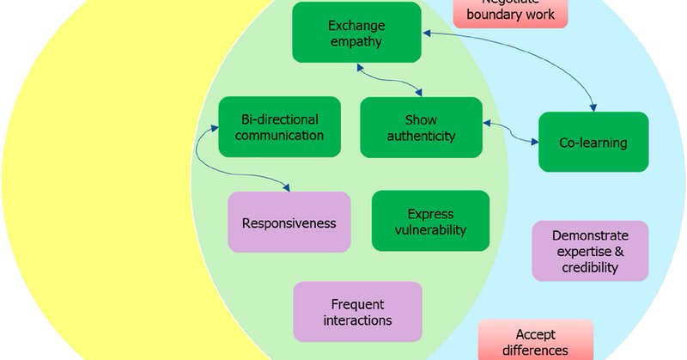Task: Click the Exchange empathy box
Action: pyautogui.click(x=356, y=32)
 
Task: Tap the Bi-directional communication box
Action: pyautogui.click(x=280, y=126)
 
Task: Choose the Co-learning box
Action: pyautogui.click(x=593, y=142)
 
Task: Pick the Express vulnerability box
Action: pyautogui.click(x=430, y=221)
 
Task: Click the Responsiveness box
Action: pyautogui.click(x=289, y=223)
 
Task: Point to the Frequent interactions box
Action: pyautogui.click(x=357, y=312)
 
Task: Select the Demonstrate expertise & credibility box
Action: pyautogui.click(x=589, y=251)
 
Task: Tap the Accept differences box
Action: pyautogui.click(x=535, y=341)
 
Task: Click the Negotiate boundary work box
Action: pyautogui.click(x=518, y=12)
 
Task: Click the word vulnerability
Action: pyautogui.click(x=430, y=229)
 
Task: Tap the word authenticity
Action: pyautogui.click(x=422, y=135)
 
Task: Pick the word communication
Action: pyautogui.click(x=280, y=135)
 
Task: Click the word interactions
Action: pyautogui.click(x=357, y=320)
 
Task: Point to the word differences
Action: pyautogui.click(x=535, y=350)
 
